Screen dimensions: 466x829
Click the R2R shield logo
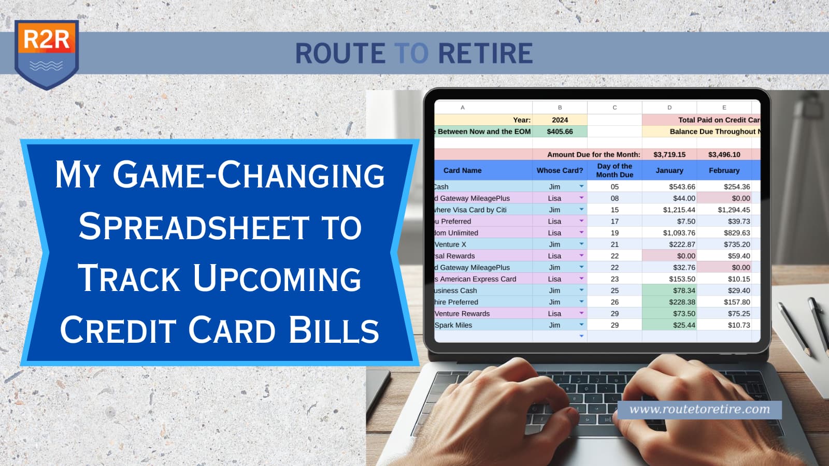pyautogui.click(x=47, y=54)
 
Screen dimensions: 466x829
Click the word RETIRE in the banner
pyautogui.click(x=485, y=53)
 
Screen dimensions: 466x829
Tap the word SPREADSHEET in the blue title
pyautogui.click(x=194, y=227)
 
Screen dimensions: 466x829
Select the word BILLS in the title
pyautogui.click(x=334, y=330)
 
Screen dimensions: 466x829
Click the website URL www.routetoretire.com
pyautogui.click(x=699, y=410)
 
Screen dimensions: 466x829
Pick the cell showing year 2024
pyautogui.click(x=560, y=120)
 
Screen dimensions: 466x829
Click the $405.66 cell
pyautogui.click(x=560, y=132)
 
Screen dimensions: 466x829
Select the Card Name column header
pyautogui.click(x=462, y=170)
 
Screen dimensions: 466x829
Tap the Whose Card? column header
pyautogui.click(x=560, y=170)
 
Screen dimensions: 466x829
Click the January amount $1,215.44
pyautogui.click(x=679, y=210)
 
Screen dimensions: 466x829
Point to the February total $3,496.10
pyautogui.click(x=724, y=154)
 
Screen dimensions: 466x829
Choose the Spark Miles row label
pyautogui.click(x=453, y=325)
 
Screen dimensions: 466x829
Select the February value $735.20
pyautogui.click(x=737, y=244)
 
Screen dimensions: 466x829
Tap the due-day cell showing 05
pyautogui.click(x=614, y=187)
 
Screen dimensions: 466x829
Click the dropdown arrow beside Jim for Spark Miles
pyautogui.click(x=581, y=325)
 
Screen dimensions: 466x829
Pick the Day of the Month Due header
pyautogui.click(x=614, y=170)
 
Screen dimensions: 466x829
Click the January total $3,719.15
pyautogui.click(x=669, y=154)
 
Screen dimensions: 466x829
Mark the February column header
pyautogui.click(x=724, y=170)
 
